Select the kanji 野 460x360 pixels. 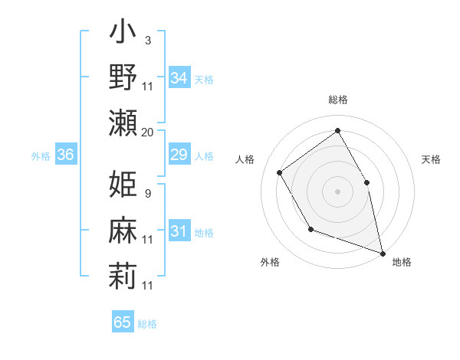point(123,79)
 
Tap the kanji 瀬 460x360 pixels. point(123,123)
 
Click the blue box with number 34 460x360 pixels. point(179,77)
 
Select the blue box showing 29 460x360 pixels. point(179,155)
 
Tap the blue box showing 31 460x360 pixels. point(179,231)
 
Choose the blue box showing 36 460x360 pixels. point(66,155)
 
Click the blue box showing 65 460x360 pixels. point(123,322)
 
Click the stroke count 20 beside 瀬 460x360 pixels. point(148,132)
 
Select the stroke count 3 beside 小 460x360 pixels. point(148,39)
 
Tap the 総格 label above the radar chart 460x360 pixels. point(337,100)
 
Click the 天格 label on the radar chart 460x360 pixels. point(431,159)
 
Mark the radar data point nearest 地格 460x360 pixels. point(383,252)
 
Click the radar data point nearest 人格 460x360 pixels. point(280,172)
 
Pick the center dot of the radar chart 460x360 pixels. point(337,191)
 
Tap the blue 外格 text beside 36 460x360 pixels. point(41,156)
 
